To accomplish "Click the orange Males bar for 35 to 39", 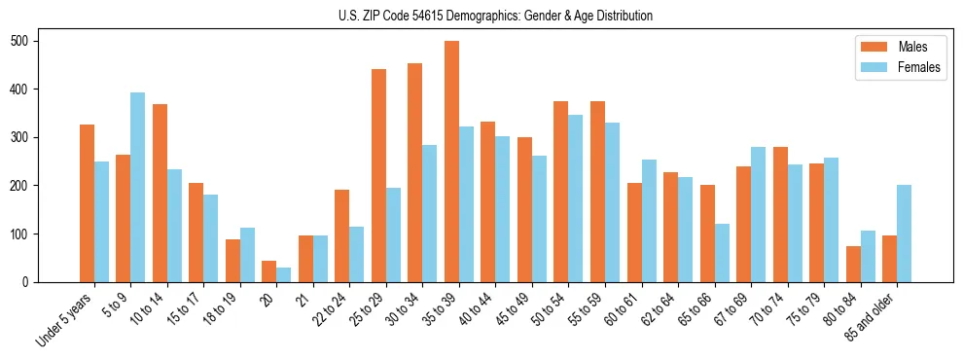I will tap(451, 162).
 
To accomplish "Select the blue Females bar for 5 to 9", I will tap(138, 187).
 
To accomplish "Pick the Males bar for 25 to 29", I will tap(378, 175).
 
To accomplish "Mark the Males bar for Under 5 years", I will tap(87, 203).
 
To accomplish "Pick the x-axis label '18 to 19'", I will tap(220, 310).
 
